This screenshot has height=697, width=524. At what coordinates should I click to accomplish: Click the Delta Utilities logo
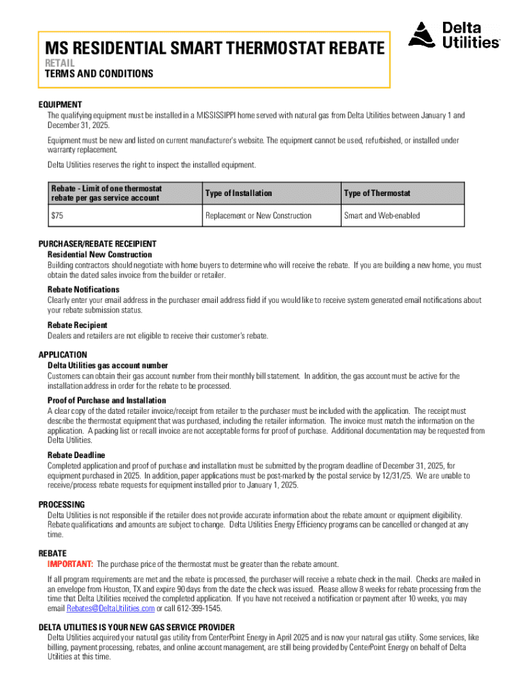(x=454, y=35)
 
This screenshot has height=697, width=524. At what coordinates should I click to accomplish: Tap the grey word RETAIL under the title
(x=59, y=63)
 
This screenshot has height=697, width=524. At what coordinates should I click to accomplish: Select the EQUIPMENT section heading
(x=60, y=105)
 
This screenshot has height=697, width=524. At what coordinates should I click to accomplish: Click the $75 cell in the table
(x=57, y=216)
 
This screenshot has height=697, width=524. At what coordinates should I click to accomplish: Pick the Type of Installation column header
(x=238, y=193)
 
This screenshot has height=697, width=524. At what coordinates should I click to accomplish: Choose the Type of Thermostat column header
(x=377, y=193)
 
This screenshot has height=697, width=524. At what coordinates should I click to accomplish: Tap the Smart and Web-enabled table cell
(x=382, y=216)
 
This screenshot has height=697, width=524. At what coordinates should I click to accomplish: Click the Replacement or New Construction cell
(x=258, y=216)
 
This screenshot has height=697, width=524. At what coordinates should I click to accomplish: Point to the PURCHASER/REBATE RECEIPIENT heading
(x=97, y=244)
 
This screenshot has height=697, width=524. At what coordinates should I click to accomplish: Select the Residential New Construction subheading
(x=99, y=255)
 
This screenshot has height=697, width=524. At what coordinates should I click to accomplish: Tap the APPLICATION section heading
(x=63, y=355)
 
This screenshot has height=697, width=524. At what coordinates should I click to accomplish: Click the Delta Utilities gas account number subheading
(x=108, y=366)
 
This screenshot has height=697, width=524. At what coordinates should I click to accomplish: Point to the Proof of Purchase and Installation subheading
(x=107, y=400)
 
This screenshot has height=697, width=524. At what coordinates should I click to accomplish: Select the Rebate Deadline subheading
(x=76, y=455)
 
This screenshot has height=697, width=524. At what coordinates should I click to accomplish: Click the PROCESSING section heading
(x=61, y=504)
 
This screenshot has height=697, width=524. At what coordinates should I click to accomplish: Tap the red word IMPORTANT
(x=70, y=564)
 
